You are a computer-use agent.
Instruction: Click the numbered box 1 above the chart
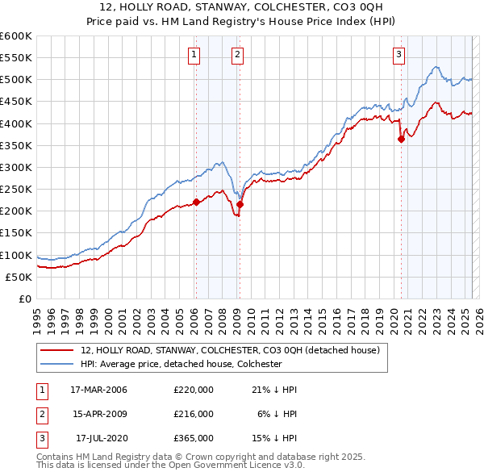tap(195, 55)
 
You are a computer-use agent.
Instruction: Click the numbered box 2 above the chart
tap(239, 55)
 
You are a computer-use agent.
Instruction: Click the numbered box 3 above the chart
tap(399, 55)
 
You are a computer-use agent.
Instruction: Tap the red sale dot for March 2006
tap(196, 203)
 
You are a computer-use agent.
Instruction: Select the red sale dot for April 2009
tap(240, 204)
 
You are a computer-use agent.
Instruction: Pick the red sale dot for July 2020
tap(401, 139)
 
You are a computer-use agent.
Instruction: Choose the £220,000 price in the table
tap(194, 390)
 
